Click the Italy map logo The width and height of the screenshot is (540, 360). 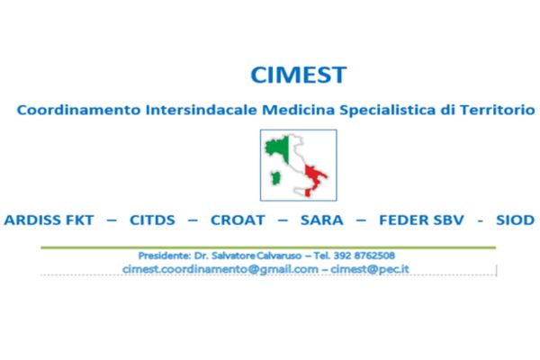click(298, 166)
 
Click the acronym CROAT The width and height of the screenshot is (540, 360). click(238, 220)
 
